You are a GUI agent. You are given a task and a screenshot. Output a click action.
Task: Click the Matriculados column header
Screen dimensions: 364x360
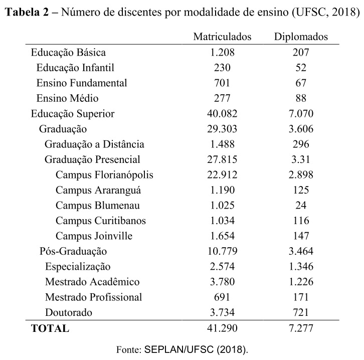pyautogui.click(x=222, y=37)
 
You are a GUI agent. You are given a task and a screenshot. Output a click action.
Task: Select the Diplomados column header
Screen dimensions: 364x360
pyautogui.click(x=301, y=37)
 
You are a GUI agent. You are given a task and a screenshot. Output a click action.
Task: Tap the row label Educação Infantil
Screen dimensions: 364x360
pyautogui.click(x=75, y=68)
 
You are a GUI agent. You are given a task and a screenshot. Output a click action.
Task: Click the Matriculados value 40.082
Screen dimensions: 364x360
pyautogui.click(x=222, y=113)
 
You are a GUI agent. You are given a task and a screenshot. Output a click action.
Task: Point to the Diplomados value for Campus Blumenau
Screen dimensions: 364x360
pyautogui.click(x=301, y=205)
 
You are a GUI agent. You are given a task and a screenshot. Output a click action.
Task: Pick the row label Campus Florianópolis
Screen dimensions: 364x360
pyautogui.click(x=104, y=175)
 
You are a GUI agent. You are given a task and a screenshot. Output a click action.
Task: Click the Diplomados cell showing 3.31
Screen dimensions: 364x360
pyautogui.click(x=301, y=159)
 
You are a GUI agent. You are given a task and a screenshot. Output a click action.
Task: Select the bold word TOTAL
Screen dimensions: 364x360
pyautogui.click(x=50, y=328)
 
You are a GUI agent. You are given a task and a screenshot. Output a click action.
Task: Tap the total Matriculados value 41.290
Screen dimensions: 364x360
pyautogui.click(x=222, y=328)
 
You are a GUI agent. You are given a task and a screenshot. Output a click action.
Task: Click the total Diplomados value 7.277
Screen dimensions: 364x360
pyautogui.click(x=301, y=328)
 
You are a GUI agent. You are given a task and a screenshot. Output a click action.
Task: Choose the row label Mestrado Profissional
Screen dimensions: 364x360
pyautogui.click(x=93, y=297)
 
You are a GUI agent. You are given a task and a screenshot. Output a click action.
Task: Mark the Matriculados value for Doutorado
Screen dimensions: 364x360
pyautogui.click(x=222, y=312)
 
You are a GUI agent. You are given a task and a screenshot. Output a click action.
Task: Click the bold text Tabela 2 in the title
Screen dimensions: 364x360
pyautogui.click(x=27, y=12)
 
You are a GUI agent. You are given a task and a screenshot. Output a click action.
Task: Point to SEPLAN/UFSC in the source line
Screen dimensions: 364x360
pyautogui.click(x=179, y=349)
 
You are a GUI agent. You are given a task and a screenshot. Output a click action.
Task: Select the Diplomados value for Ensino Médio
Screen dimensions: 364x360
pyautogui.click(x=301, y=98)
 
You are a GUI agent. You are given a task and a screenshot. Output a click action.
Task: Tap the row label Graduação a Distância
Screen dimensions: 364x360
pyautogui.click(x=94, y=144)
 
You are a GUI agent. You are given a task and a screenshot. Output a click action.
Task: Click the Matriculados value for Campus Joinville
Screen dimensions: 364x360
pyautogui.click(x=222, y=236)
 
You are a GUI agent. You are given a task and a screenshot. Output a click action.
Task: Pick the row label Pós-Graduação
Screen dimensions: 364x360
pyautogui.click(x=73, y=251)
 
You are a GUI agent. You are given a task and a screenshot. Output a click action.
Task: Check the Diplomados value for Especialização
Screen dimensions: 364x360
pyautogui.click(x=301, y=266)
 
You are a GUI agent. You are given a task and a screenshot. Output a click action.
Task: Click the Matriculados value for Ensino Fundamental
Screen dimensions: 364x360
pyautogui.click(x=222, y=83)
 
